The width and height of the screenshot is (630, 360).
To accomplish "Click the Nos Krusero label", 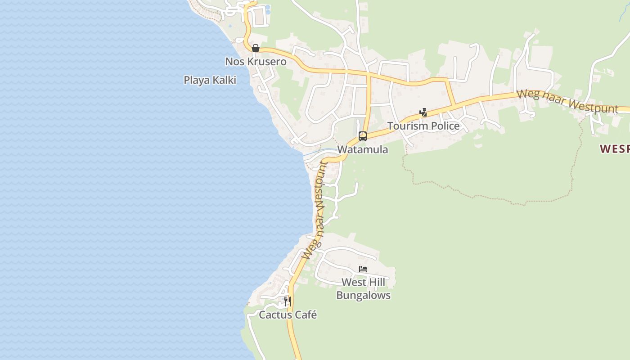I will (x=256, y=62).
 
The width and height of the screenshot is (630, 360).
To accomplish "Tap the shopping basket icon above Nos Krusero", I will (x=256, y=48).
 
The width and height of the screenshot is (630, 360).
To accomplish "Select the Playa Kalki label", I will (x=210, y=80).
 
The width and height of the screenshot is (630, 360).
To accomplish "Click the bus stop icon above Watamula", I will (x=363, y=136).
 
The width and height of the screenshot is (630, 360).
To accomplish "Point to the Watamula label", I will (x=362, y=149).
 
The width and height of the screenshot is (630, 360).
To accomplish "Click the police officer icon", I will (x=423, y=112).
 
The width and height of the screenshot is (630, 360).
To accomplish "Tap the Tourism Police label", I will (x=423, y=126).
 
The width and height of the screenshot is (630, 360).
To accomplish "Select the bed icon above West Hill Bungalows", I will (x=363, y=270).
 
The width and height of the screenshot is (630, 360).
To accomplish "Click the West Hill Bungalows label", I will (x=363, y=289).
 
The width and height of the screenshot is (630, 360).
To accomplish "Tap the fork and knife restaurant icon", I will (x=286, y=301).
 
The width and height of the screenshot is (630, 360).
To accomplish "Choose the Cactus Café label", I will (x=288, y=315).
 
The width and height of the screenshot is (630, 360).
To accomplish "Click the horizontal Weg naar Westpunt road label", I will (x=567, y=102).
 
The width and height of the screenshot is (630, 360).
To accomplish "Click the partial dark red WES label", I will (x=615, y=149).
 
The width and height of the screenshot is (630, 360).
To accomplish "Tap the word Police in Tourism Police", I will (x=445, y=126).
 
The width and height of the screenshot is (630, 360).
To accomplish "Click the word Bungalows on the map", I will (x=363, y=296).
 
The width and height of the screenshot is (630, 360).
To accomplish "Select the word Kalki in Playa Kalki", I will (x=224, y=80).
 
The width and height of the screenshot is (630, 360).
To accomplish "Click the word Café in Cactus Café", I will (x=306, y=315).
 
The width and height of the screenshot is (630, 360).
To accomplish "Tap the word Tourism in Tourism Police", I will (x=407, y=126).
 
